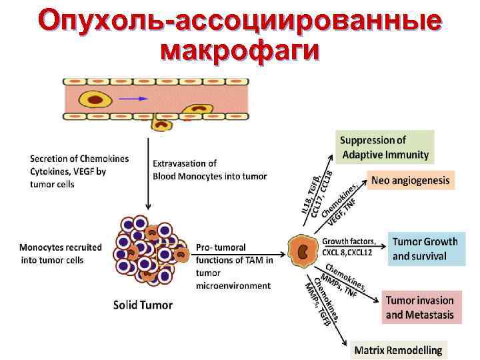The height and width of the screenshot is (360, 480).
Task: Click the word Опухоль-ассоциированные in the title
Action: tap(240, 20)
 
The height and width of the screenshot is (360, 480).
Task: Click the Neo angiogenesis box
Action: tap(410, 180)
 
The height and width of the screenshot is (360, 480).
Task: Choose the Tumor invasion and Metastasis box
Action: tap(419, 307)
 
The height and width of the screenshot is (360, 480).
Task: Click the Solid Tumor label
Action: tap(143, 305)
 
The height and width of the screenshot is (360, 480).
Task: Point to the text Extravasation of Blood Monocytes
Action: tap(209, 169)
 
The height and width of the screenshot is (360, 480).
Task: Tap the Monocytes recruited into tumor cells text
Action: tap(61, 253)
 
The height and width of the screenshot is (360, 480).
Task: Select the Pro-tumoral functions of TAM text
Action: tap(233, 265)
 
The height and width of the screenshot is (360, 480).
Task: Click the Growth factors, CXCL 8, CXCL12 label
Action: tap(349, 246)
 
